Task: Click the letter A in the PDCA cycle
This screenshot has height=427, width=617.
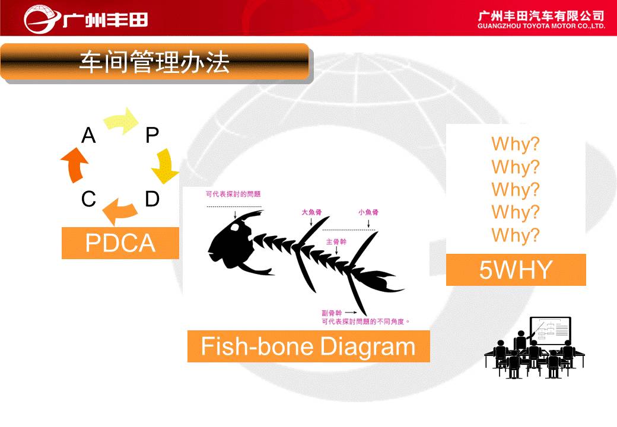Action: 88,136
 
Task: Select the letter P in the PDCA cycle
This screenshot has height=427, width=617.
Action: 152,135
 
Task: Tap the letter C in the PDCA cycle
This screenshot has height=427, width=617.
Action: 88,199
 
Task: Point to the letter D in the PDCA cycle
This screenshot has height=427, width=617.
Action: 152,199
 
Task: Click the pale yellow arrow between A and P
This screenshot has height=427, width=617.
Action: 121,121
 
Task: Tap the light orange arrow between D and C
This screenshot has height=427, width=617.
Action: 120,212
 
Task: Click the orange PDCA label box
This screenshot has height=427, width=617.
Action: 120,243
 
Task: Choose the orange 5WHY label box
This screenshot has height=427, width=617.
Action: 516,270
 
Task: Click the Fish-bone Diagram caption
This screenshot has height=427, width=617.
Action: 308,346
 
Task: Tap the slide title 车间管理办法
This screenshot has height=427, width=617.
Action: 154,62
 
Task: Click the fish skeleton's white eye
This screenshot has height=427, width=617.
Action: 236,227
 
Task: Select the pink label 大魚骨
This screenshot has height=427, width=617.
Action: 311,212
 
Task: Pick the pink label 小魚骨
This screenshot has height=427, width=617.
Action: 368,212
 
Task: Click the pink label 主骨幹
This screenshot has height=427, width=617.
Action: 336,241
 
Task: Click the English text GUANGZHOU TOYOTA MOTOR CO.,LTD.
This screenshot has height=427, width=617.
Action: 541,26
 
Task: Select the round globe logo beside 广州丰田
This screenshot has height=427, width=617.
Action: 40,19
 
